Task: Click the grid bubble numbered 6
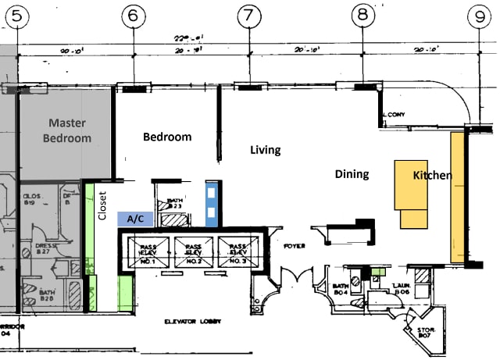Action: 135,15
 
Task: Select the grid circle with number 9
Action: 479,15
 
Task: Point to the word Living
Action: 265,150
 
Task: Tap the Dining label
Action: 352,173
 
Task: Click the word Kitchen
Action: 432,175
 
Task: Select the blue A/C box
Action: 134,219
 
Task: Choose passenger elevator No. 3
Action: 238,252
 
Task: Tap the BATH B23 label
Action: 175,205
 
